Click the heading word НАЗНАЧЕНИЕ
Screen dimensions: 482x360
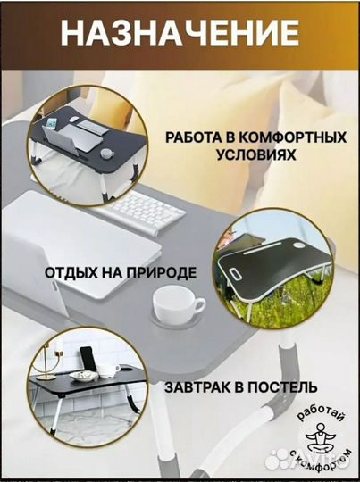180,34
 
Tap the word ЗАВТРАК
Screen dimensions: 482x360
197,388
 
